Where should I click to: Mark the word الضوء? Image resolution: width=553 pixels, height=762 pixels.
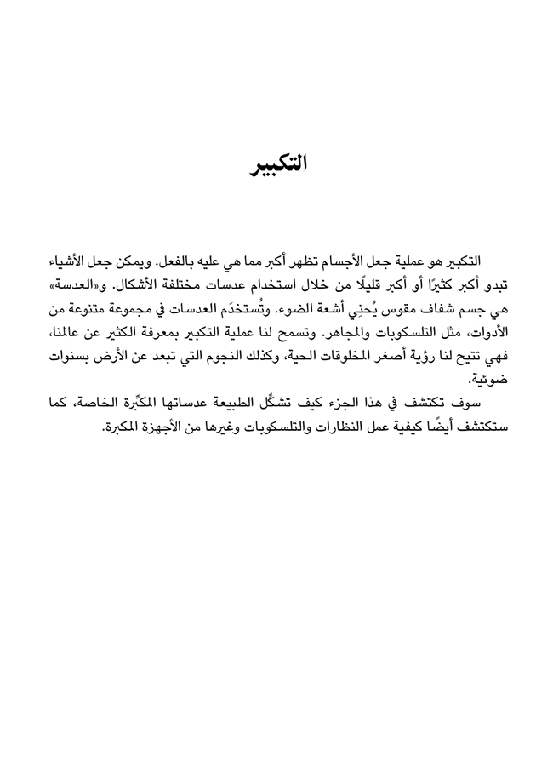coord(277,306)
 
